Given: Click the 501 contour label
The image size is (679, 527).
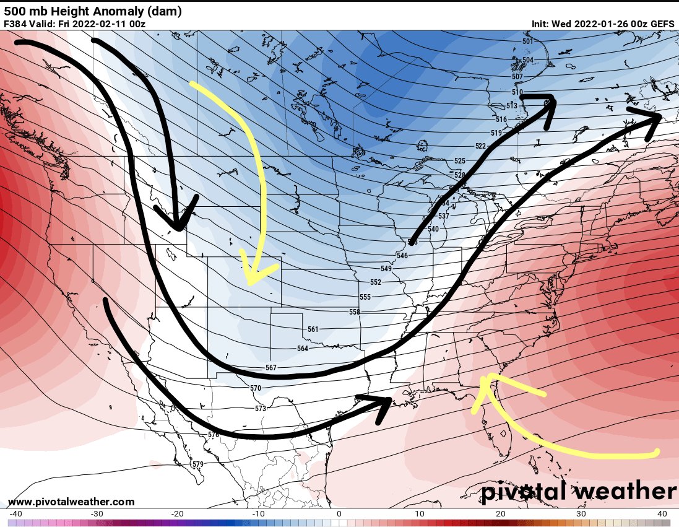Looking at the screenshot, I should point(527,41).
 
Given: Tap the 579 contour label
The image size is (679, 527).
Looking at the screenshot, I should point(197,464).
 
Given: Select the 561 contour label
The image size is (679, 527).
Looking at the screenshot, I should point(313,329).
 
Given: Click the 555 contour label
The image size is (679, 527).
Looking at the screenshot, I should point(365,297).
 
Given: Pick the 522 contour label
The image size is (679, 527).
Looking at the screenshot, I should point(480,146).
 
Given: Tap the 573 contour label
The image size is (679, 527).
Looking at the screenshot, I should point(260,409).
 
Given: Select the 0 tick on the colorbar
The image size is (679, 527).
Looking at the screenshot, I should point(339,514).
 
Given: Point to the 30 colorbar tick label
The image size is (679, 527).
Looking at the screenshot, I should point(581,514).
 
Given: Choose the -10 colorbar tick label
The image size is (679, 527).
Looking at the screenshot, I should point(258,514).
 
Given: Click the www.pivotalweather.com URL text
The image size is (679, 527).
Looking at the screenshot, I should point(71,502).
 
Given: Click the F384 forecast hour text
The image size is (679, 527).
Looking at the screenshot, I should point(15,24).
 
